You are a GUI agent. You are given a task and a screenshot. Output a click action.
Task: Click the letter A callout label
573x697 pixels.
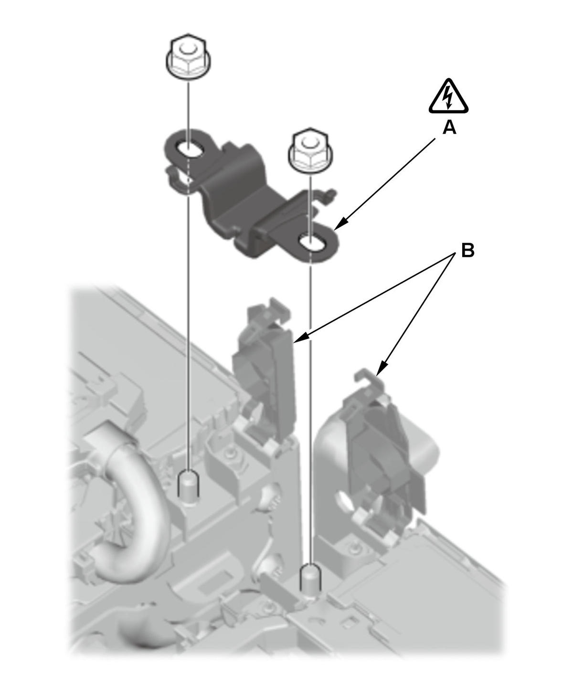click(x=449, y=127)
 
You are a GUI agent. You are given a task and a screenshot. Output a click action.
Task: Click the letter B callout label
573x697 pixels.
click(x=467, y=250)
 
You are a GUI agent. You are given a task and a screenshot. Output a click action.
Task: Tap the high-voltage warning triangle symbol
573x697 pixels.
click(x=448, y=97)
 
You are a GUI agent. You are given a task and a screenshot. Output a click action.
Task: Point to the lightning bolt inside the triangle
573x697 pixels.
click(x=448, y=98)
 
